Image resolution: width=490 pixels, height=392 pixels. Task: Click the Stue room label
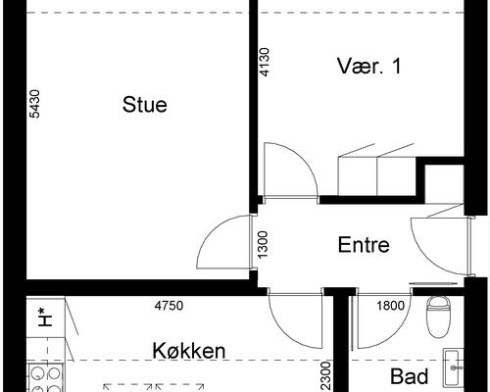coord(144,104)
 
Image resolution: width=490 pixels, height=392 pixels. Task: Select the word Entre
coord(364,245)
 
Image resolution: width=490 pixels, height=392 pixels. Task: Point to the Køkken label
coord(189,350)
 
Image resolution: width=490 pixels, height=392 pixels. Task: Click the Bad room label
coord(409,376)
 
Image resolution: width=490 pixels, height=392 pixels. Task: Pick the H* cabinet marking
coord(44,317)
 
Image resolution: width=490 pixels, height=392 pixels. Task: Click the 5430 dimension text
coord(35,104)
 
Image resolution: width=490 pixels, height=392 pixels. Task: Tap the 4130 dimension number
coord(263,65)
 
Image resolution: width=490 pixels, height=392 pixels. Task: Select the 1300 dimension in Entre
coord(263,244)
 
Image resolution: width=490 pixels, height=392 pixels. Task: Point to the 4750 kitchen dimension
coord(169,306)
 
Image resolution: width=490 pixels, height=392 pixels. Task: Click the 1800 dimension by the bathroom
coord(390,306)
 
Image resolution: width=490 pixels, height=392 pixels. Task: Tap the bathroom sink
coord(454,368)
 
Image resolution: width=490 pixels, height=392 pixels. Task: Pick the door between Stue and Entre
coord(220,244)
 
